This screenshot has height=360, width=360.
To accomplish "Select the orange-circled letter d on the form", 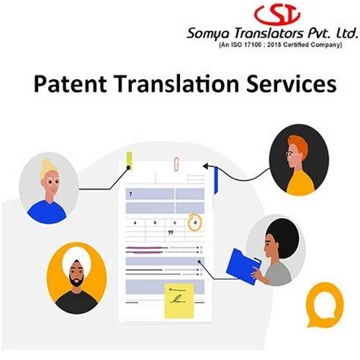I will point(196,222).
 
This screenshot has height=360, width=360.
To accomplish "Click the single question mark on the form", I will point(131,194).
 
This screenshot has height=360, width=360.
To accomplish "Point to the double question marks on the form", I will point(171,232).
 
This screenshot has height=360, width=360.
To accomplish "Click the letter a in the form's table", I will point(135,223).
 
